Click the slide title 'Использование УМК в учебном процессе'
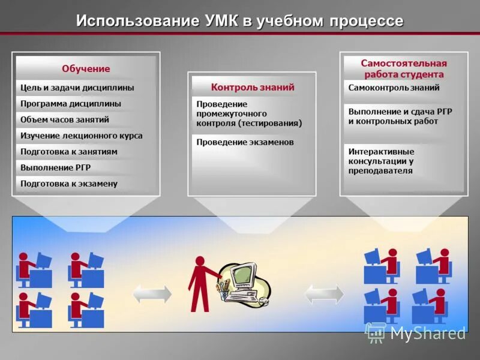(239, 21)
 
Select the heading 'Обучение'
(86, 68)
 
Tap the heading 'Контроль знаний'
(253, 87)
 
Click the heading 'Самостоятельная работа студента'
(404, 68)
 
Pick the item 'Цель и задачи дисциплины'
(77, 88)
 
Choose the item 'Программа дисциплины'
(71, 104)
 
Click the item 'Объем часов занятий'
(65, 119)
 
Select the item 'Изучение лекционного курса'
(82, 136)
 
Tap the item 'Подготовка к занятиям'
(69, 152)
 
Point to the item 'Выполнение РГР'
(56, 167)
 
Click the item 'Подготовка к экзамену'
(69, 184)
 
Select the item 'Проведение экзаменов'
(245, 142)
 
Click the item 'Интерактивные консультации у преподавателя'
(381, 161)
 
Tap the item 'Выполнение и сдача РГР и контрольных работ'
(400, 116)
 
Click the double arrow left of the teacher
(152, 294)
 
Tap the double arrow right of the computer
(325, 294)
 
